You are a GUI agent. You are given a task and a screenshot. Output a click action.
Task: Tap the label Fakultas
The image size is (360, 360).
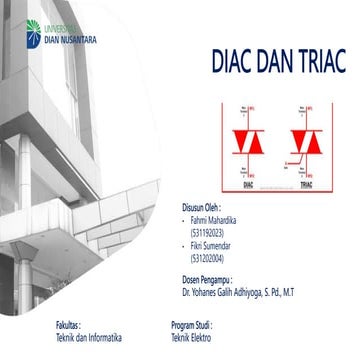[x=70, y=326]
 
